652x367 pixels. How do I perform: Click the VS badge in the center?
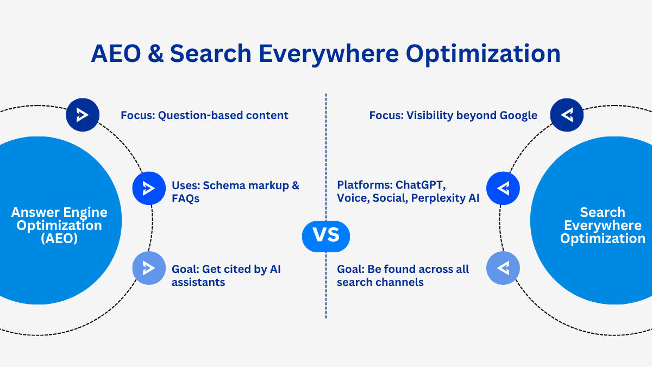coord(326,235)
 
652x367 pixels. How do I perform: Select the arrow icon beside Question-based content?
coord(83,115)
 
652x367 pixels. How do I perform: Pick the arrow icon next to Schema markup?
coord(149,188)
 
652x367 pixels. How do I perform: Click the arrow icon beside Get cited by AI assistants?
coord(149,268)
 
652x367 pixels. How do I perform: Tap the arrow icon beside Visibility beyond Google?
coord(567,115)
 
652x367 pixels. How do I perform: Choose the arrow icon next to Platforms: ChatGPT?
coord(503,188)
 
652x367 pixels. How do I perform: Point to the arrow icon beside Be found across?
coord(503,268)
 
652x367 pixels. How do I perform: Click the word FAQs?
coord(186,198)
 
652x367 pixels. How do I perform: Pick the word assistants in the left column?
coord(198,282)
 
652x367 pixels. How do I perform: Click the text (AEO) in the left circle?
coord(59,239)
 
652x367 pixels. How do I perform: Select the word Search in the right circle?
coord(603,212)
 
